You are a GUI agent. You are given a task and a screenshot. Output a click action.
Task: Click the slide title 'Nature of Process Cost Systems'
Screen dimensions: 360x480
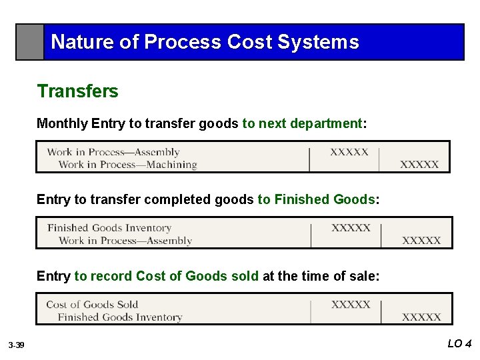205,42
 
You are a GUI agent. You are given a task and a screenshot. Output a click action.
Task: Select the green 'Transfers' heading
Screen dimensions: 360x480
77,91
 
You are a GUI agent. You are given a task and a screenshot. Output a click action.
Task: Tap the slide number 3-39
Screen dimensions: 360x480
16,345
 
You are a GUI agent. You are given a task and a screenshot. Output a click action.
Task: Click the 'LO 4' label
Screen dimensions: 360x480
459,344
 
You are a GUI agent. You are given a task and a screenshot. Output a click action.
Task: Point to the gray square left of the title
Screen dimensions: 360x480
30,42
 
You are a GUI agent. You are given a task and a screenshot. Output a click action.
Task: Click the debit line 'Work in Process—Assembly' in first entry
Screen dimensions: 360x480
113,152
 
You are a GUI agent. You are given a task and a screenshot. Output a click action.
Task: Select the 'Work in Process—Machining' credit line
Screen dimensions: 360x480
127,165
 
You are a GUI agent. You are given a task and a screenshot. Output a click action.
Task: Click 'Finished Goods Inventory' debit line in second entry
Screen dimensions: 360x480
109,228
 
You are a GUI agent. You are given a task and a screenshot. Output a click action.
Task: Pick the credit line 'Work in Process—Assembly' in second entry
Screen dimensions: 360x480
125,241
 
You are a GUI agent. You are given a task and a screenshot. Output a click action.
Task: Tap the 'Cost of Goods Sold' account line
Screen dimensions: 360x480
92,305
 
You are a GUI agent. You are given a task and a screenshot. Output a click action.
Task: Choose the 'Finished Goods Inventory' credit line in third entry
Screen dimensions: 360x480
120,317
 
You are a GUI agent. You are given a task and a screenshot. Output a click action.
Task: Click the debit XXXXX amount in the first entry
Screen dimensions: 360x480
349,152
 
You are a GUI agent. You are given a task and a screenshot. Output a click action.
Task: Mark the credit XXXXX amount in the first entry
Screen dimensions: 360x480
419,165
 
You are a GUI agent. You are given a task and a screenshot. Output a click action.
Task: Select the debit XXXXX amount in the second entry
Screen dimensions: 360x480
351,228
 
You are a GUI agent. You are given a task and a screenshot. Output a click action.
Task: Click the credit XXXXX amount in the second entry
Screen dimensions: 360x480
421,241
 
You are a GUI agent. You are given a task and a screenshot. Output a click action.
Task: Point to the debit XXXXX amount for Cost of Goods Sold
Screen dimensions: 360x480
351,305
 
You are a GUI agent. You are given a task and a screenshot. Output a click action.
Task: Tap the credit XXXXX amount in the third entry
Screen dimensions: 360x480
421,317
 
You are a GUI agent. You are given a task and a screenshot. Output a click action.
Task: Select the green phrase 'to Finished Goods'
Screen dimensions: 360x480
317,199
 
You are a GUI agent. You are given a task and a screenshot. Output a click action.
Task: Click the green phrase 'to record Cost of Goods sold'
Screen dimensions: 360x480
166,276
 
